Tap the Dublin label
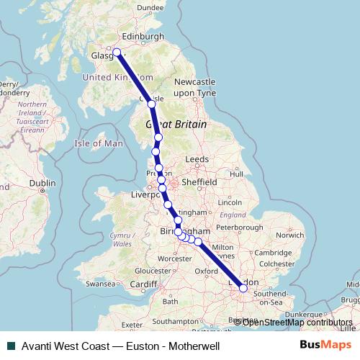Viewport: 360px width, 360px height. (42, 184)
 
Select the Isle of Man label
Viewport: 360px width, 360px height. (99, 143)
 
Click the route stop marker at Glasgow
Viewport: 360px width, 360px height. (117, 52)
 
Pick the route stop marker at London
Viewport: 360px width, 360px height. (243, 287)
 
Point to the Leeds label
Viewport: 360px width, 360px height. (197, 159)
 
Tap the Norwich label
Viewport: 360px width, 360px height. (290, 235)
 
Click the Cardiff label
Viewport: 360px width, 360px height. (145, 284)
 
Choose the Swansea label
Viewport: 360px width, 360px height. (100, 284)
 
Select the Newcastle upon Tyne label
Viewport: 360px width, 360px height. (194, 88)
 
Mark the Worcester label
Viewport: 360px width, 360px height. (176, 258)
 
